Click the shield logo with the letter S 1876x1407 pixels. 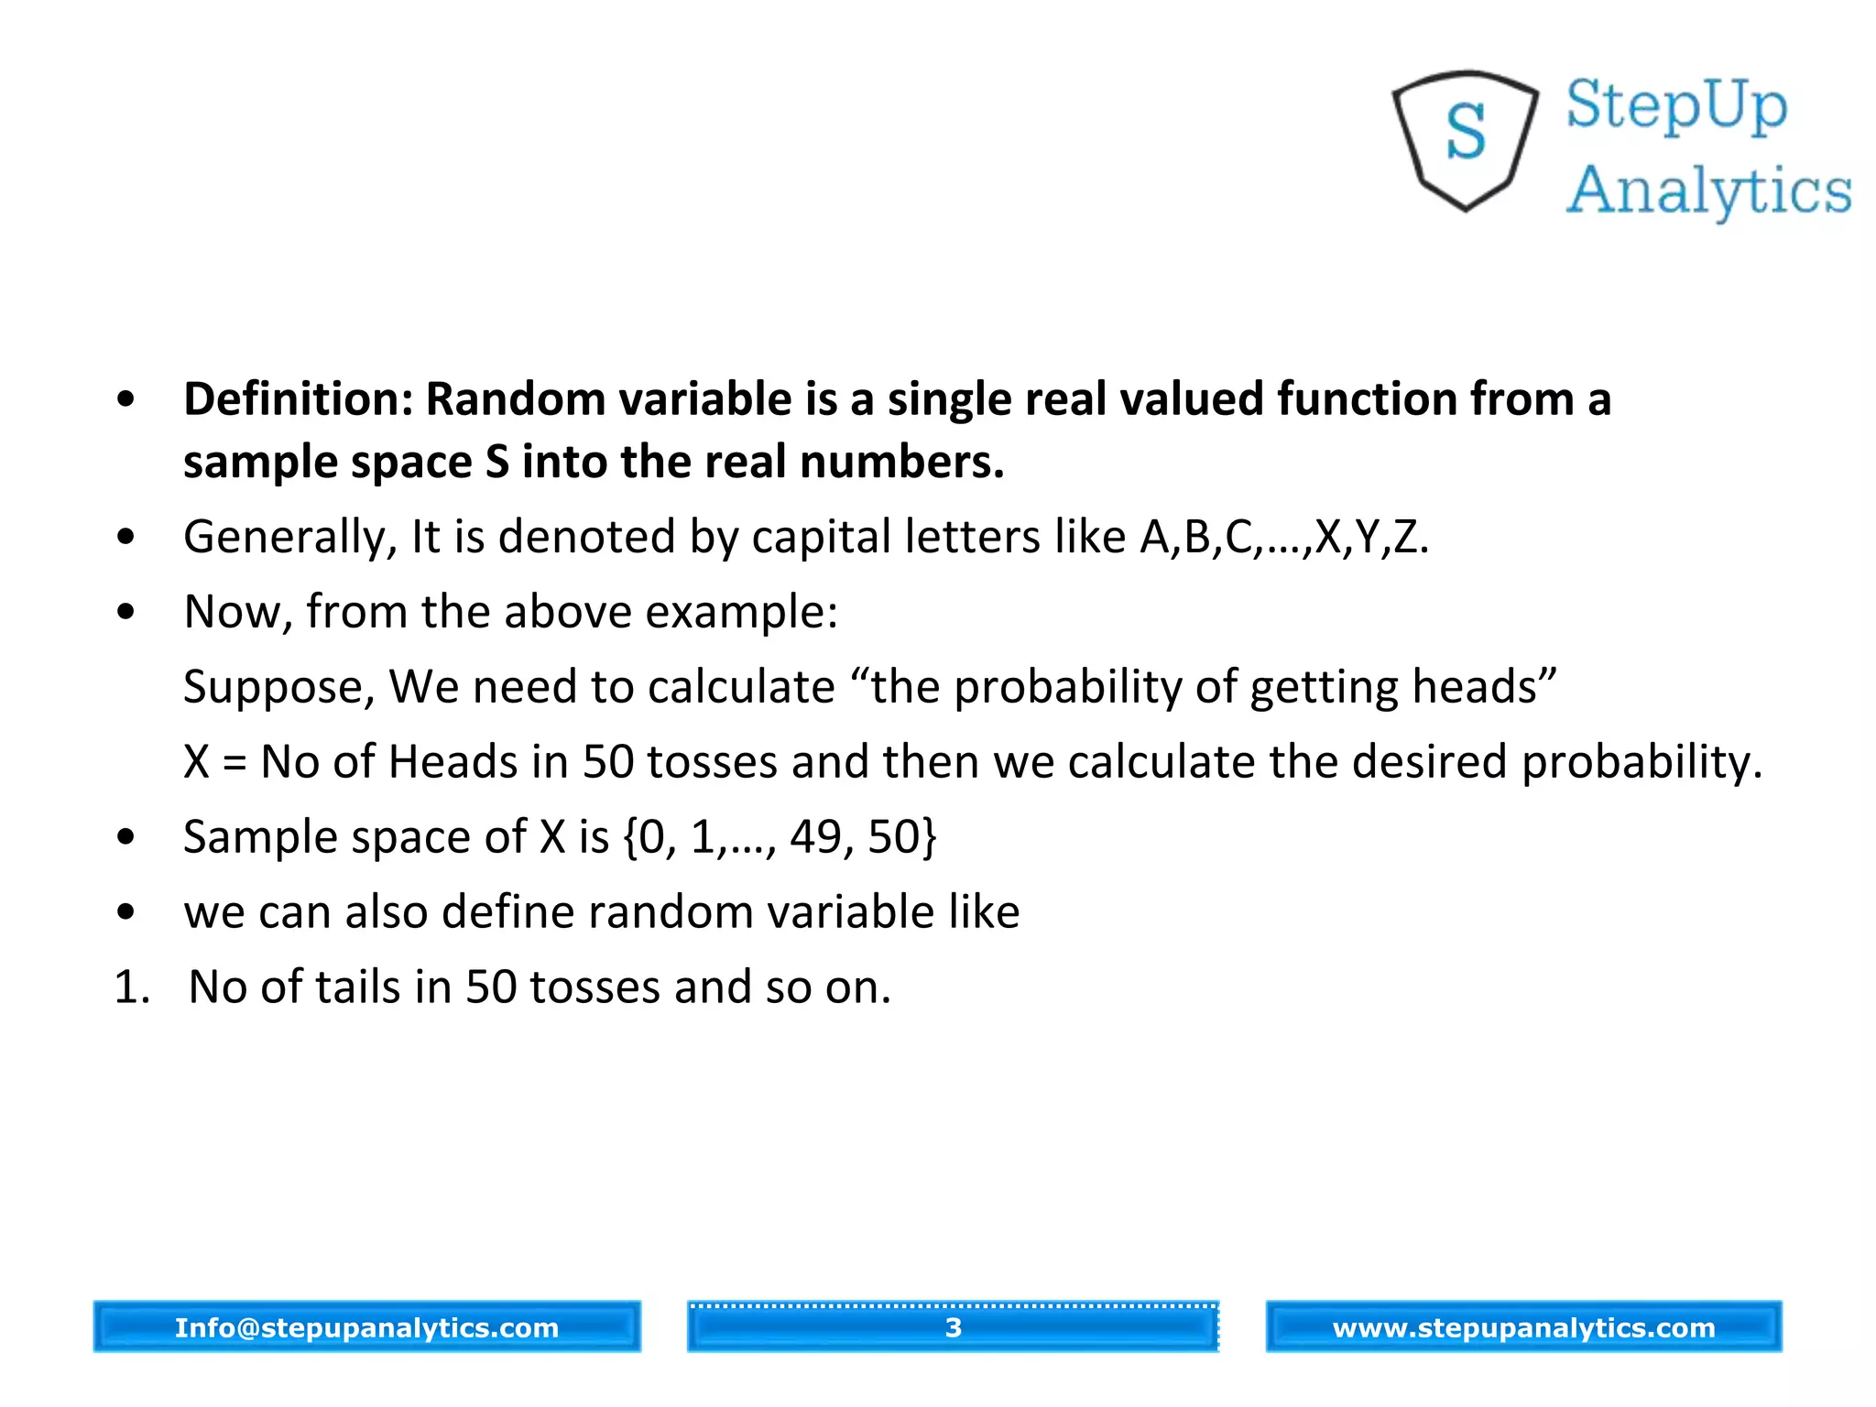point(1465,139)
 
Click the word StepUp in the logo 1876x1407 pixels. point(1676,106)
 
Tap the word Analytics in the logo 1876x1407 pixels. point(1709,191)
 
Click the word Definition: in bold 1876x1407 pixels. point(299,400)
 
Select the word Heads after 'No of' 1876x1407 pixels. point(453,763)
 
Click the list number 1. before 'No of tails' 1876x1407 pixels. point(132,988)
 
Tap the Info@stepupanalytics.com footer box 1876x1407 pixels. point(366,1327)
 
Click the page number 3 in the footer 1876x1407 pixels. point(953,1327)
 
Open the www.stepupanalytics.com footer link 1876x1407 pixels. point(1523,1327)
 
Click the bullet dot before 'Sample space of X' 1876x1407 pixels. point(126,836)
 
